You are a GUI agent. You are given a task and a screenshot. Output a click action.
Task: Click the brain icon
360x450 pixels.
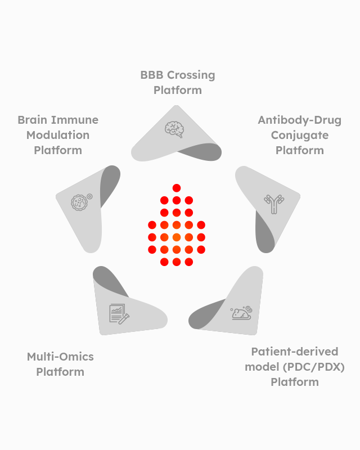click(x=174, y=129)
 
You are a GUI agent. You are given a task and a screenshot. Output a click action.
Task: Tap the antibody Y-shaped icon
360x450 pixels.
click(x=273, y=204)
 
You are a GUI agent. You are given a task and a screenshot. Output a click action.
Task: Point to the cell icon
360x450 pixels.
click(x=80, y=201)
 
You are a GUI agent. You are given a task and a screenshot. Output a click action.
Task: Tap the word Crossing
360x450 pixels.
click(x=192, y=75)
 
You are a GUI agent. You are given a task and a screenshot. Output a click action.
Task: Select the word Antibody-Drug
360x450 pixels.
click(x=299, y=120)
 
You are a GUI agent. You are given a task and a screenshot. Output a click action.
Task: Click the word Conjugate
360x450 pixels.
click(x=299, y=135)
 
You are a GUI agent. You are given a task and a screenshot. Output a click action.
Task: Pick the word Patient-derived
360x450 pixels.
click(x=295, y=352)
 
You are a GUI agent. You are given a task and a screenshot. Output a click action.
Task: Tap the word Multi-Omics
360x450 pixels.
click(x=60, y=357)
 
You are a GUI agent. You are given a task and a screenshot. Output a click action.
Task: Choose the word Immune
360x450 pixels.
click(x=74, y=120)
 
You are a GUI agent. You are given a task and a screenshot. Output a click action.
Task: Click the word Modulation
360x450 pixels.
click(x=58, y=135)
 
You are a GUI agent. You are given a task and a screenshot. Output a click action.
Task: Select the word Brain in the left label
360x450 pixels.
click(x=32, y=120)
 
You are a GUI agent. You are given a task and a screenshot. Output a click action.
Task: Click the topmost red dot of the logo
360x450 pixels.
click(x=177, y=188)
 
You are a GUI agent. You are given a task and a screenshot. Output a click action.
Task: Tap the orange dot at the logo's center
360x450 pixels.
click(x=177, y=237)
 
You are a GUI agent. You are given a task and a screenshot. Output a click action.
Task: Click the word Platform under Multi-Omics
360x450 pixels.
click(x=60, y=372)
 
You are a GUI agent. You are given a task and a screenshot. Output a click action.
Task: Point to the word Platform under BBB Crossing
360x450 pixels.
click(x=177, y=90)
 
